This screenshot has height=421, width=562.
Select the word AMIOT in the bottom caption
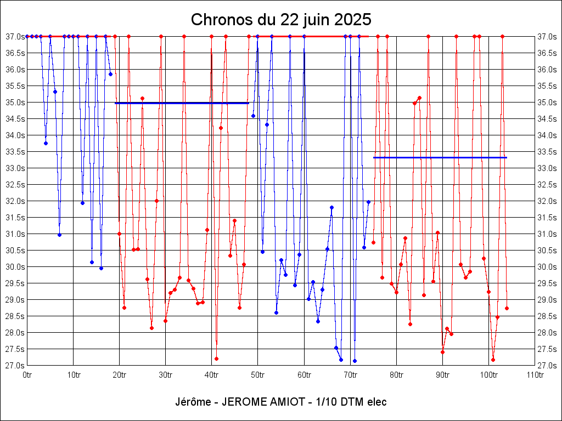point(282,402)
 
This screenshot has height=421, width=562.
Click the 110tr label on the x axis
point(535,375)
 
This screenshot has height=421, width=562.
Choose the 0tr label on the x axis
point(27,375)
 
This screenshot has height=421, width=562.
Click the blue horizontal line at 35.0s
point(182,103)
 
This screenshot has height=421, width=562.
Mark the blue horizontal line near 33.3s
point(440,157)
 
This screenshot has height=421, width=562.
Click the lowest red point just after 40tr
point(216,359)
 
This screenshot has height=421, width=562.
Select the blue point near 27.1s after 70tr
point(355,361)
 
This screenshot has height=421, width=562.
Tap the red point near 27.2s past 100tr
point(493,360)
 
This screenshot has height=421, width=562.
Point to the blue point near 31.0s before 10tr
point(59,235)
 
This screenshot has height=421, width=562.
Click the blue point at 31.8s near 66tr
point(331,207)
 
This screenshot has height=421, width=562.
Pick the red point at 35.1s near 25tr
point(142,99)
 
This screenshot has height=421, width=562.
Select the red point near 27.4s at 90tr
point(442,352)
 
